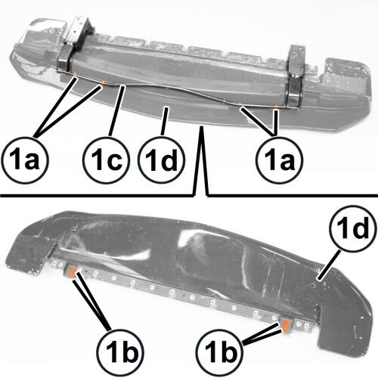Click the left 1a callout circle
[25, 160]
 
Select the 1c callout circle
[106, 160]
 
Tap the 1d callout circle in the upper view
[162, 160]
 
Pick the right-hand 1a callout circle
[279, 160]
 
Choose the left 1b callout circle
[121, 352]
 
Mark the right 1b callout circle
[220, 352]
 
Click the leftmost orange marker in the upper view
[75, 74]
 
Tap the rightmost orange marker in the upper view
[277, 106]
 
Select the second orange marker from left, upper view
[103, 83]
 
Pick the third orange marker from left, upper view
[240, 104]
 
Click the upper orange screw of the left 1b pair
[73, 269]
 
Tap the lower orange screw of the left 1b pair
[71, 275]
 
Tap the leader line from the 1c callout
[116, 111]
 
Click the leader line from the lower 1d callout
[328, 264]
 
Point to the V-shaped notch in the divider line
[200, 160]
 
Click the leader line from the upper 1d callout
[164, 122]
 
